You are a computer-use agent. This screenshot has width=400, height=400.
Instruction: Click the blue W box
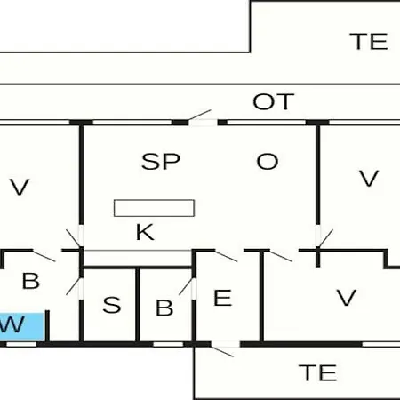click(22, 326)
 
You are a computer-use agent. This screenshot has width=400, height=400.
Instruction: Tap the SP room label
click(161, 162)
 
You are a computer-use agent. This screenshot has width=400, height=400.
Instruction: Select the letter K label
click(145, 232)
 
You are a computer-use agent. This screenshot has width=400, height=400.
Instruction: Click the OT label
click(274, 101)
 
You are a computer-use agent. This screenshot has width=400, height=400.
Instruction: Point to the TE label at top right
click(369, 41)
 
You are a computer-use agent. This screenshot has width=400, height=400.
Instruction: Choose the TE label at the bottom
click(318, 372)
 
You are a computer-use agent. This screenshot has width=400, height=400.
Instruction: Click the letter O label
click(268, 162)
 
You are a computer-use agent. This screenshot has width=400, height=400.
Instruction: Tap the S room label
click(112, 305)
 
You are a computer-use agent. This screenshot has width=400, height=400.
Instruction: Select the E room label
click(222, 298)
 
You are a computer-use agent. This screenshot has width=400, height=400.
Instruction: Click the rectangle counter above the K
click(154, 208)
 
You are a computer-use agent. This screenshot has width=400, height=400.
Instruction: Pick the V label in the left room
click(20, 187)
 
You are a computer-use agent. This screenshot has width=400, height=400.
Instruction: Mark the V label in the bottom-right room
click(346, 298)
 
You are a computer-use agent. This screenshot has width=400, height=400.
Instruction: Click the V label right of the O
click(369, 178)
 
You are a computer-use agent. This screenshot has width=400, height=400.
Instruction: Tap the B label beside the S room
click(164, 308)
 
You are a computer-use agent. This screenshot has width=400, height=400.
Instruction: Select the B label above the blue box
click(31, 281)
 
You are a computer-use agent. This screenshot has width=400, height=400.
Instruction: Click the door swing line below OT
click(200, 115)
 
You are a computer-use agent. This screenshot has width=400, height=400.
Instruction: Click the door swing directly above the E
click(226, 256)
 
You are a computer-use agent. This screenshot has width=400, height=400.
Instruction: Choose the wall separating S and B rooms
click(138, 305)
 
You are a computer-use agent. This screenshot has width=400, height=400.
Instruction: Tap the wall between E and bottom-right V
click(262, 297)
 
